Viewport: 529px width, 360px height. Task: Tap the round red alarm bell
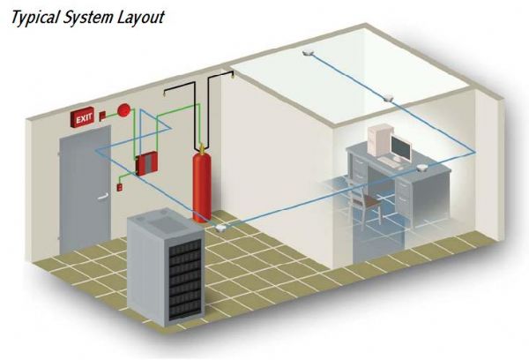[x=125, y=111]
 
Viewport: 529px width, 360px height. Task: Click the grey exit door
[x=84, y=190]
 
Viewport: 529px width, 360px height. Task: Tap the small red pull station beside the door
[x=119, y=187]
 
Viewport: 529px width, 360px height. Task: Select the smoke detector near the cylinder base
[x=217, y=229]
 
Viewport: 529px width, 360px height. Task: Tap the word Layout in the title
[x=140, y=17]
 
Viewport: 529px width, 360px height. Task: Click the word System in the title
[x=87, y=17]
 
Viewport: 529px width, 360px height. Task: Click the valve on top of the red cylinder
[x=202, y=146]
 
